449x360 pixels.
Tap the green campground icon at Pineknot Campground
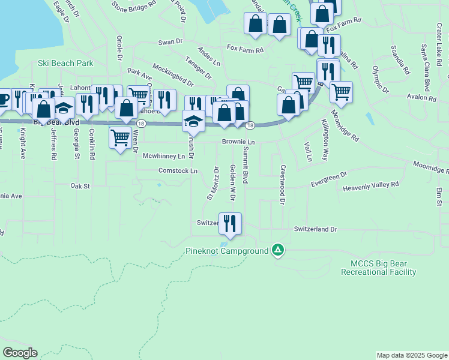277,250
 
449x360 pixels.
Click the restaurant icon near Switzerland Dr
230,223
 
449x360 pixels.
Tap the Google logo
20,353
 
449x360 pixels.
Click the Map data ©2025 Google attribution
411,355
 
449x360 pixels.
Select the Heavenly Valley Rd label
370,188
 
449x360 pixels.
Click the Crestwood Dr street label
282,185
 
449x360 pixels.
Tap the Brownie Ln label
238,142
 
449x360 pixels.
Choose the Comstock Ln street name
178,171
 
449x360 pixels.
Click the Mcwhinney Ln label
163,156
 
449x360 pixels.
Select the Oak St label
79,186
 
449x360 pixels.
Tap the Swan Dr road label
170,42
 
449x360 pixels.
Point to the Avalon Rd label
421,98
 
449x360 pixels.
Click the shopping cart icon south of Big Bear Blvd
120,137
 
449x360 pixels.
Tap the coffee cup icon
2,98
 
